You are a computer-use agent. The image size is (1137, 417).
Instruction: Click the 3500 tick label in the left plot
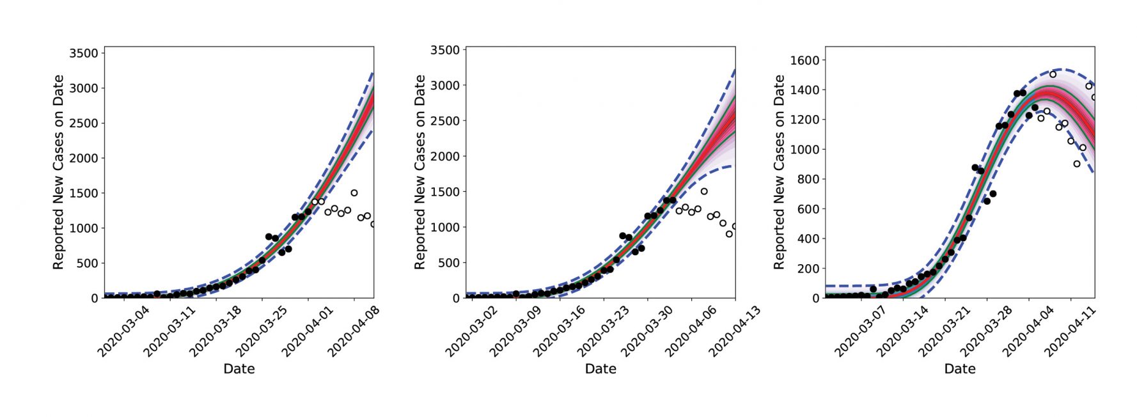(84, 53)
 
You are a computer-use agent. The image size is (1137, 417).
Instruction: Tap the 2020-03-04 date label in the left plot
(123, 331)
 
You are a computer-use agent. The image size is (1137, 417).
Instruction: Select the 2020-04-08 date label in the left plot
(354, 331)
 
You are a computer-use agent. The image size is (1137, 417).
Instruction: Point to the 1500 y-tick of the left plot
(84, 193)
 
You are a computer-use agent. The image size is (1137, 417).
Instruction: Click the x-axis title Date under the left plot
(239, 368)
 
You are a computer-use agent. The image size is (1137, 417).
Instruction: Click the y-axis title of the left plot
(58, 172)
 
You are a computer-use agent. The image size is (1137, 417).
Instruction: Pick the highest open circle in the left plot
(354, 193)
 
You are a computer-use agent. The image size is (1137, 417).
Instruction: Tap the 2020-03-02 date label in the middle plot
(471, 331)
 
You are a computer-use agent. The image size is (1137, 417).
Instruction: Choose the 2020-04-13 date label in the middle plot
(735, 331)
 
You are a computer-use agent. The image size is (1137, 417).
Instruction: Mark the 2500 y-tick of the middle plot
(445, 121)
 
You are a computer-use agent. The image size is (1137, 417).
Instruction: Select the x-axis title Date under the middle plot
(600, 368)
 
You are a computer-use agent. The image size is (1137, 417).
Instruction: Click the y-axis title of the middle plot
(420, 172)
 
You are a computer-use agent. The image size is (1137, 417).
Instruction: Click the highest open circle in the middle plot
(704, 191)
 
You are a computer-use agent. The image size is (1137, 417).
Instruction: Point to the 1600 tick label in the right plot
(804, 60)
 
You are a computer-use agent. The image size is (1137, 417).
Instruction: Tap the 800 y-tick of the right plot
(808, 179)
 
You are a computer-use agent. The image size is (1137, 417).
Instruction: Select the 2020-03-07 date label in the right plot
(860, 331)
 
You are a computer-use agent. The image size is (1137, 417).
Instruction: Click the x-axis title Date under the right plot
(960, 368)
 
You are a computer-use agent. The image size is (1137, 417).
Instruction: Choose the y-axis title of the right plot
(779, 172)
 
